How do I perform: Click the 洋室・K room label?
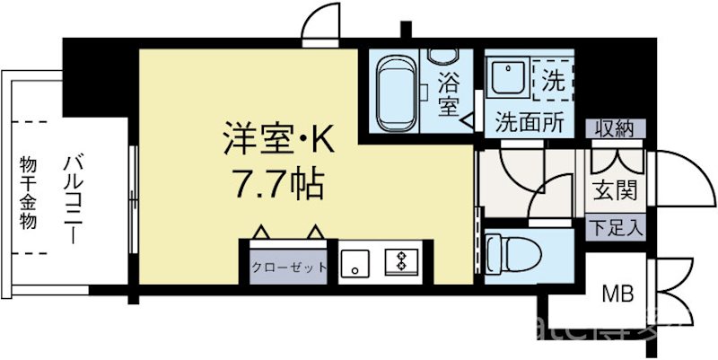(x=277, y=142)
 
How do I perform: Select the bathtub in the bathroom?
(x=392, y=91)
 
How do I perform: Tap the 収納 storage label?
(x=615, y=129)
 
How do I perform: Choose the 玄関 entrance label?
(x=615, y=190)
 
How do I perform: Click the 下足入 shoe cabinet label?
(x=615, y=227)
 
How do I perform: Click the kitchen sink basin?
(x=355, y=263)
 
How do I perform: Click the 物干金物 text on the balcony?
(x=28, y=192)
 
